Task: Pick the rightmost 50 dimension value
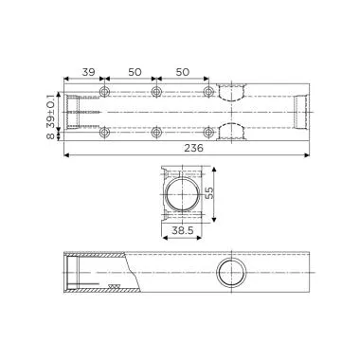pyautogui.click(x=182, y=72)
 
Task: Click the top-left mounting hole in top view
pyautogui.click(x=104, y=93)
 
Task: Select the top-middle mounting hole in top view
pyautogui.click(x=156, y=93)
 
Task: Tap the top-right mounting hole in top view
pyautogui.click(x=207, y=93)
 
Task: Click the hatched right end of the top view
pyautogui.click(x=300, y=112)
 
